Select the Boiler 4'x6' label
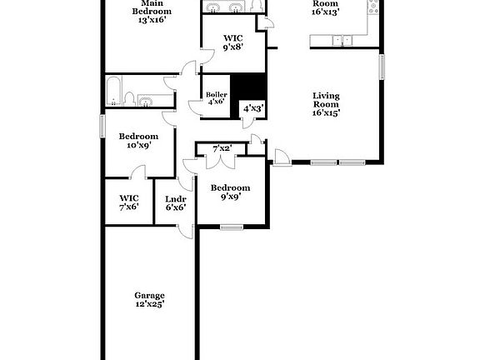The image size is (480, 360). pos(216,99)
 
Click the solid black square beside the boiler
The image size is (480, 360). pos(247,87)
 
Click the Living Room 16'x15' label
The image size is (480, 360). pos(326,104)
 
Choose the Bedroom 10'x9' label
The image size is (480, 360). pos(137,141)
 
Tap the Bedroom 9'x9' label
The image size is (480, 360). pos(229,192)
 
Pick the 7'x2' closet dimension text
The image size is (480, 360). pos(222,149)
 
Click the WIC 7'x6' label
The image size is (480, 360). pos(128,202)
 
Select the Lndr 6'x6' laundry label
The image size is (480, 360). pos(175,202)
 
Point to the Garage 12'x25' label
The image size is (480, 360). pos(150,300)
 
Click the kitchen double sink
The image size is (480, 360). pos(339,40)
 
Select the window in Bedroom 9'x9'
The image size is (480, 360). pos(232,226)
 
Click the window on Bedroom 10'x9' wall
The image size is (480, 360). pos(102,125)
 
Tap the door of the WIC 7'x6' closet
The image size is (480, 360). pos(139,172)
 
